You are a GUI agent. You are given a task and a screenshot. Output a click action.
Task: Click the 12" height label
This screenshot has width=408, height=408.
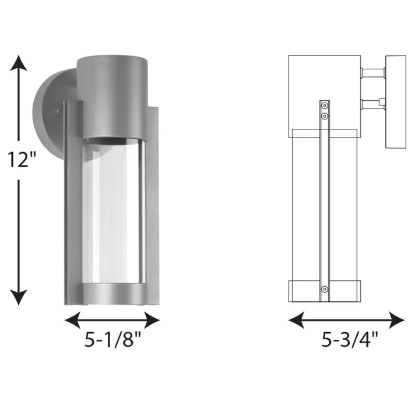(x=20, y=160)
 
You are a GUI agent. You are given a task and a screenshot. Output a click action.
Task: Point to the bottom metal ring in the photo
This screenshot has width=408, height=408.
(x=112, y=294)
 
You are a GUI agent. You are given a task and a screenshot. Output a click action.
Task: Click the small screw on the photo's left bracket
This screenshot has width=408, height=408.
(x=60, y=110)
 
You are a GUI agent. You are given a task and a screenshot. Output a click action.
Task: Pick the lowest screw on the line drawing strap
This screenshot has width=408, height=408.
(x=325, y=289)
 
